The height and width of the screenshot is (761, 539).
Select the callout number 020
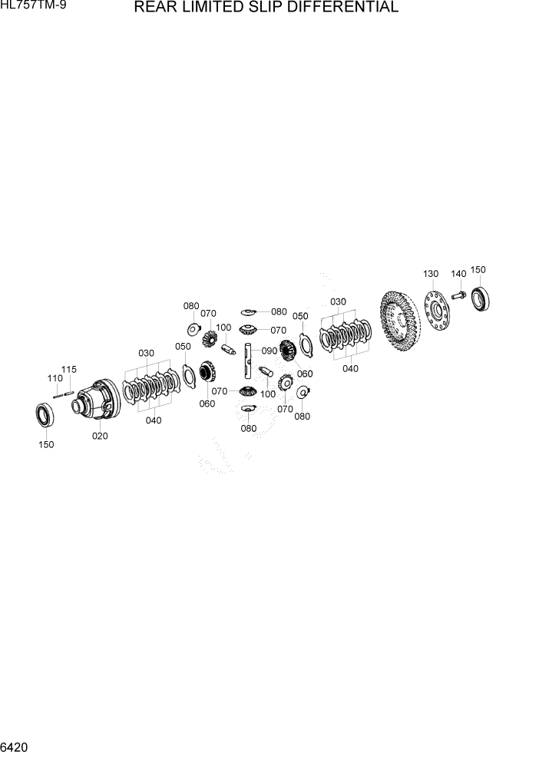(100, 436)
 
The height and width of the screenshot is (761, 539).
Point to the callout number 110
(55, 378)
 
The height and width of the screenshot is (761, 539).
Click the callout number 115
(69, 369)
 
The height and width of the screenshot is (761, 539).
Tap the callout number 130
(430, 274)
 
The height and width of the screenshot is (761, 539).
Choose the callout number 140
(458, 274)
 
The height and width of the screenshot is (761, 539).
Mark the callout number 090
(269, 351)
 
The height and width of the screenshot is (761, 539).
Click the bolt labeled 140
(458, 295)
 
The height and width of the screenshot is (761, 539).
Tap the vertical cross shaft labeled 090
(250, 361)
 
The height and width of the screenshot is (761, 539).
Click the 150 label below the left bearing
(46, 444)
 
